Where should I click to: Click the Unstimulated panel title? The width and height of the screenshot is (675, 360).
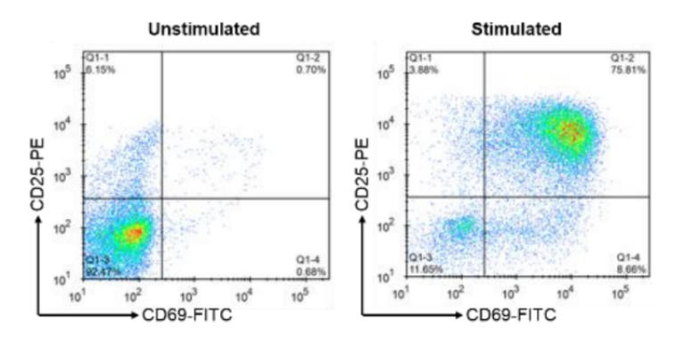coord(204,29)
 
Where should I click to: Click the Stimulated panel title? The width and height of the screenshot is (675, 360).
coord(517,29)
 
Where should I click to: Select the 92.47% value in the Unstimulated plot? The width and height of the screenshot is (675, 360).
coord(101,270)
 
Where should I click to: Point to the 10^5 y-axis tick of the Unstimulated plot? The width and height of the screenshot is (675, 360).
coord(65,74)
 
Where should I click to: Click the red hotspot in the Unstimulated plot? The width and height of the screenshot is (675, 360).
coord(134,233)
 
